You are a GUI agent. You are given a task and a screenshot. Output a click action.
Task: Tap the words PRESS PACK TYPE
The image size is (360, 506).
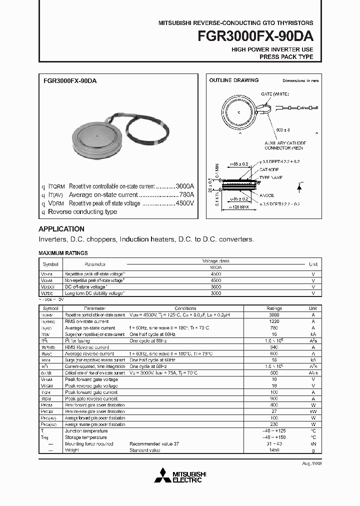(286, 57)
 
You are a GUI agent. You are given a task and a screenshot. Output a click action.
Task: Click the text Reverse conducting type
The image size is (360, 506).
(82, 211)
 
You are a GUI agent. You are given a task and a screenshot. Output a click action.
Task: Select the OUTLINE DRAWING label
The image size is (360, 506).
(234, 80)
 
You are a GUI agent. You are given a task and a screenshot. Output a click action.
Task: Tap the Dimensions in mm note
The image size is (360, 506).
(300, 80)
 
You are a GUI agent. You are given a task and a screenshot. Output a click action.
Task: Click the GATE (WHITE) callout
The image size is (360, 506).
(274, 94)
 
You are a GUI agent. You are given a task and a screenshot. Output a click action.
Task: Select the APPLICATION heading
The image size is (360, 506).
(61, 229)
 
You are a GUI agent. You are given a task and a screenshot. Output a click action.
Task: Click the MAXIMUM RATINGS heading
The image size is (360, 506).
(63, 253)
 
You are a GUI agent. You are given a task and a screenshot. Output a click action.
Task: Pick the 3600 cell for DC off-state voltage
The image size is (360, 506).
(215, 287)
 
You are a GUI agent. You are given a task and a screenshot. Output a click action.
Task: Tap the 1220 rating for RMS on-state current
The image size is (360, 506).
(274, 321)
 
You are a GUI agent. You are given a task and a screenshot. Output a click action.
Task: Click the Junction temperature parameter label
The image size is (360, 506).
(86, 430)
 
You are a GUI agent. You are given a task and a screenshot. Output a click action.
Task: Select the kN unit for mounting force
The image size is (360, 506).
(312, 443)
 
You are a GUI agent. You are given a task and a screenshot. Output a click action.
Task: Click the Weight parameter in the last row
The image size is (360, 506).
(72, 450)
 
